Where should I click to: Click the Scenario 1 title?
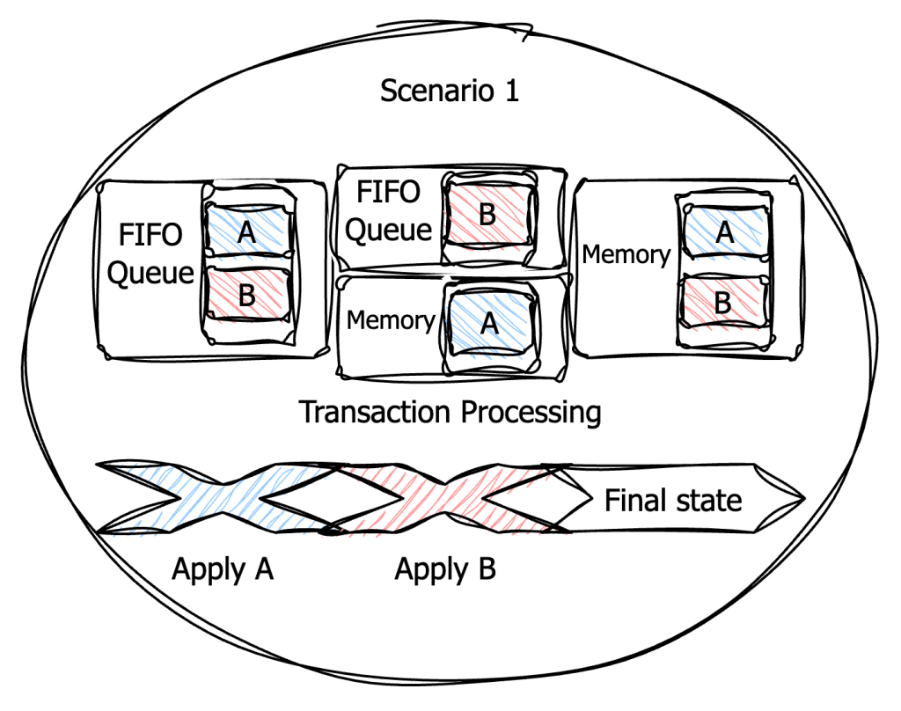[x=449, y=91]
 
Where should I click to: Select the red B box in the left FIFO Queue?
[x=247, y=294]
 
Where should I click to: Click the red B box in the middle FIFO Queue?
[x=487, y=216]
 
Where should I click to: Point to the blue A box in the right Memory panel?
[x=723, y=232]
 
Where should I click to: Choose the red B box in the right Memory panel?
[x=723, y=303]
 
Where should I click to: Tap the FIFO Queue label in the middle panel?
[x=389, y=210]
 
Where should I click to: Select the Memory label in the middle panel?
[x=391, y=320]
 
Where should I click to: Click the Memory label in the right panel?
[x=626, y=255]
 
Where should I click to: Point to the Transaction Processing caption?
[x=450, y=412]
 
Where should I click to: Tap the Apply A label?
[x=223, y=569]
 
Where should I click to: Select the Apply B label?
[x=445, y=569]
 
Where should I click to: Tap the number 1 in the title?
[x=509, y=91]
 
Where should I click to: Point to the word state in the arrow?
[x=709, y=501]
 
